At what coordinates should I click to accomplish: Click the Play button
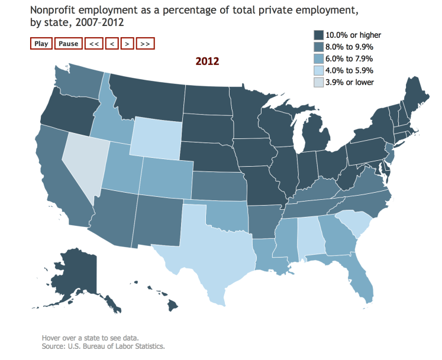coord(41,43)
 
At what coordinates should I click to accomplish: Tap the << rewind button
coord(93,43)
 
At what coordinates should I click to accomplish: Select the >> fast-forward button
coord(146,43)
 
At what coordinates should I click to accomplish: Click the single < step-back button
coord(112,43)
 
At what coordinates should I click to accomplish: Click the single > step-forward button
coord(128,43)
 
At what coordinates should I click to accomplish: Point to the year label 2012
coord(208,61)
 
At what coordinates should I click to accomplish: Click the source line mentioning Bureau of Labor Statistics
coord(103,346)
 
